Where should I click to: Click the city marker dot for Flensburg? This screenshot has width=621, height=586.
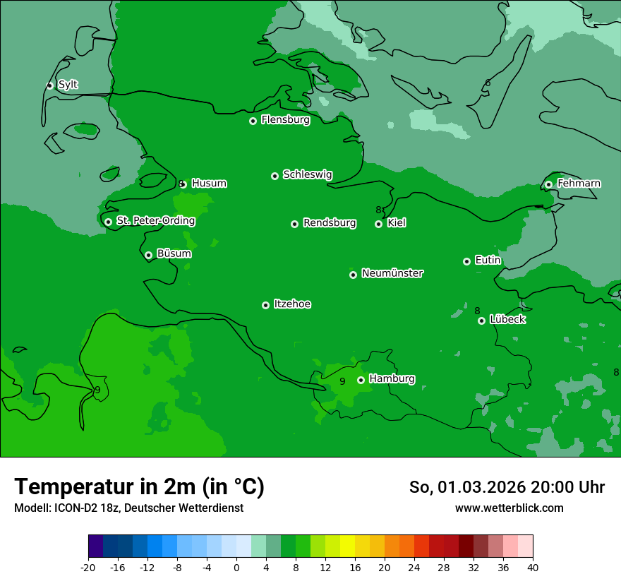point(253,121)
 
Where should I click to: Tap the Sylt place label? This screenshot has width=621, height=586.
point(68,85)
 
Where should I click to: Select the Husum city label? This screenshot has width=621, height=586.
point(209,184)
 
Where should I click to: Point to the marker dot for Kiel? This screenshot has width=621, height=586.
point(378,224)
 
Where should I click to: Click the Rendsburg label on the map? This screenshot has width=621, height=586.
point(330,223)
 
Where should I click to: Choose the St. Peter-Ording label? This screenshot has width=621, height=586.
point(155,221)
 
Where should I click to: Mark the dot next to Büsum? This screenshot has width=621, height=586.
point(148,255)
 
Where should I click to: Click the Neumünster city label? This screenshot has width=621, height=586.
point(392,273)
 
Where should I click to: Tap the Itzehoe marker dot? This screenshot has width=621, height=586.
point(265,305)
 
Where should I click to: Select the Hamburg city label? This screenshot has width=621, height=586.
point(392,379)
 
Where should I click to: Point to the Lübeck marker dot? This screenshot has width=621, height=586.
point(481,321)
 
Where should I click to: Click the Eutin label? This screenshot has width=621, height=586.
point(488,261)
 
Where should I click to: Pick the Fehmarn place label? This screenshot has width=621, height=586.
point(579,184)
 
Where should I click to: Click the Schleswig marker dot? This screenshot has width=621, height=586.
point(275,176)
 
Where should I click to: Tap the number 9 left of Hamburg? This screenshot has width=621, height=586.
point(342,381)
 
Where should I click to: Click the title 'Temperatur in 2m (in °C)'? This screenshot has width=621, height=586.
point(139,486)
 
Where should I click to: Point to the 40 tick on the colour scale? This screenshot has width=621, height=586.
point(532,567)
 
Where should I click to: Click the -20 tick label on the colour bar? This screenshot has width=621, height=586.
point(88,567)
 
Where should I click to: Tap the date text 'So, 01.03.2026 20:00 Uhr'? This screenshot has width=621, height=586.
point(507,487)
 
